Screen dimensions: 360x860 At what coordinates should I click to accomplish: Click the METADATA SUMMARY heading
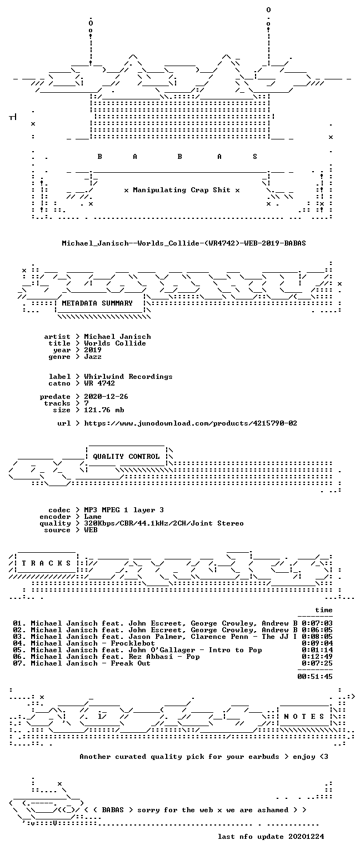[97, 303]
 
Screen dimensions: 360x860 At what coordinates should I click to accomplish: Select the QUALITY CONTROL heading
[126, 457]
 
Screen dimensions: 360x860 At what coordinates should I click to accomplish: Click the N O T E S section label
[304, 717]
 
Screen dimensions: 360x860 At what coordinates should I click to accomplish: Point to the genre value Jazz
[93, 357]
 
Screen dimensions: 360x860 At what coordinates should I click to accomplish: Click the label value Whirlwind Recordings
[128, 377]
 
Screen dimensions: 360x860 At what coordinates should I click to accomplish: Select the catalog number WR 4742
[99, 383]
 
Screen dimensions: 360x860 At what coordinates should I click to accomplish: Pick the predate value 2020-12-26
[106, 397]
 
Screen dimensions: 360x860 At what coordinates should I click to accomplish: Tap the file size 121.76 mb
[104, 410]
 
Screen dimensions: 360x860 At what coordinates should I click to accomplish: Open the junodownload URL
[191, 423]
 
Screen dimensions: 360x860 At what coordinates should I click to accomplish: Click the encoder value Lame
[93, 517]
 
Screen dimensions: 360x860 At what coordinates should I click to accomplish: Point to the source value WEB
[91, 530]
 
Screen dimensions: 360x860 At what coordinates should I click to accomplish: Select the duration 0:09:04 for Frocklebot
[317, 643]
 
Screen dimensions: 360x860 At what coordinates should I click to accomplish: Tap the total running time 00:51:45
[314, 677]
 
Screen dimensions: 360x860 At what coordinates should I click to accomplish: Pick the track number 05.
[19, 650]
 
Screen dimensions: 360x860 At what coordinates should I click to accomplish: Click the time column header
[324, 610]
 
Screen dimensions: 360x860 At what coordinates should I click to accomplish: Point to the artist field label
[57, 337]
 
